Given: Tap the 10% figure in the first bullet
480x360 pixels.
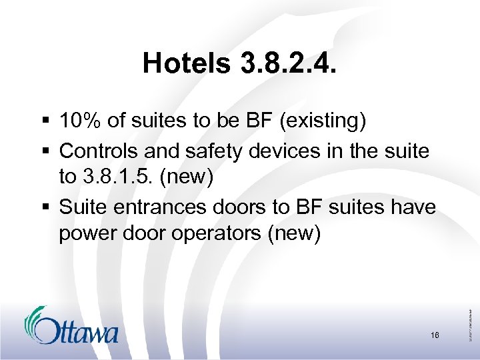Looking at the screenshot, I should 78,121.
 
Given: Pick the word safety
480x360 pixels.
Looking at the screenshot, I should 216,151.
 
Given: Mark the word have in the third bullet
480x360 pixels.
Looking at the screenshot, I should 414,207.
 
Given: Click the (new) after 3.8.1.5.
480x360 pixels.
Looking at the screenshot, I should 197,179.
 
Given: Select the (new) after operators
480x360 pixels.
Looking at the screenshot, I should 296,234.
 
